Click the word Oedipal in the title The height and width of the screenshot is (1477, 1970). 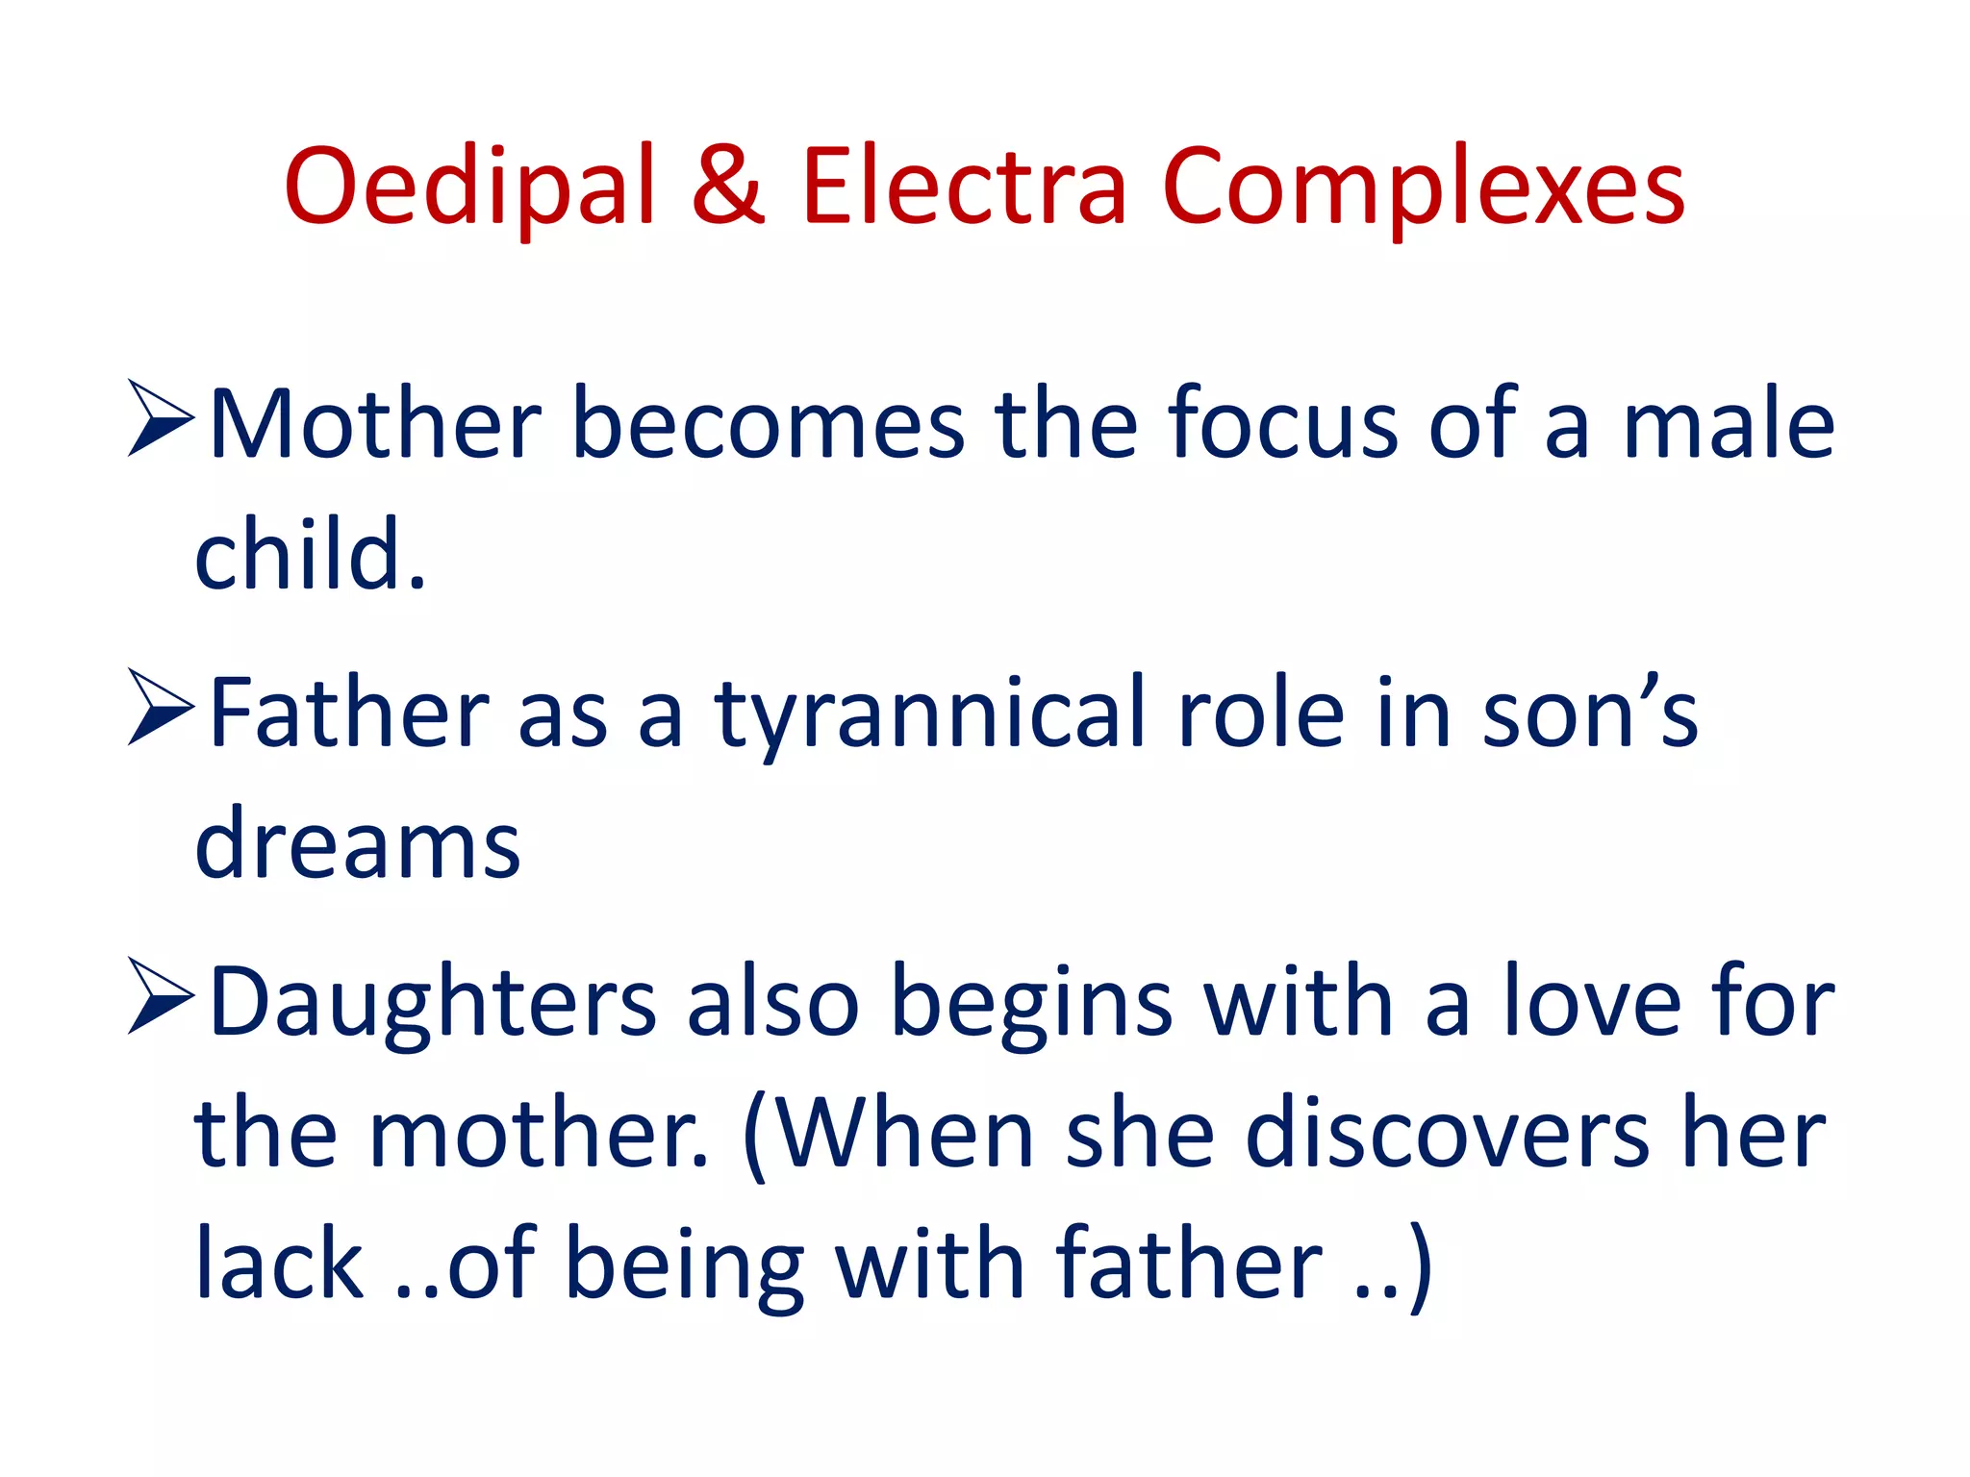click(x=469, y=188)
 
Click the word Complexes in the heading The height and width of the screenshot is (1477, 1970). click(x=1423, y=188)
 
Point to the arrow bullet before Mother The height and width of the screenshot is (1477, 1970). click(x=161, y=419)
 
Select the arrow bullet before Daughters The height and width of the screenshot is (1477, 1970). click(x=161, y=997)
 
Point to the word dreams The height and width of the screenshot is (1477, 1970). click(x=357, y=844)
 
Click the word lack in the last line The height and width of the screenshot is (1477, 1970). click(x=279, y=1264)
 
